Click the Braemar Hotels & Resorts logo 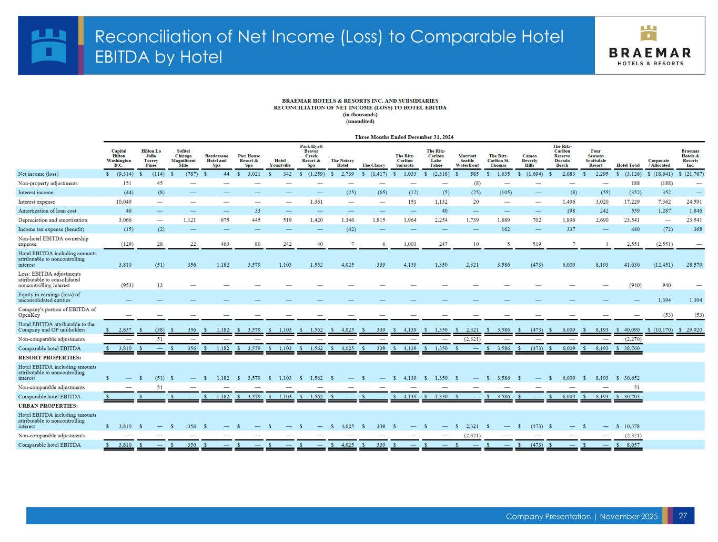pyautogui.click(x=650, y=46)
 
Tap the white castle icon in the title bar pyautogui.click(x=49, y=45)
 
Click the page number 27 pyautogui.click(x=683, y=516)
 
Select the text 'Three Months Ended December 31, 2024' pyautogui.click(x=404, y=137)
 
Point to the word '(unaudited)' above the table pyautogui.click(x=360, y=122)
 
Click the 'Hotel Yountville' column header pyautogui.click(x=280, y=163)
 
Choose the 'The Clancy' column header pyautogui.click(x=373, y=165)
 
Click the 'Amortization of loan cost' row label pyautogui.click(x=47, y=211)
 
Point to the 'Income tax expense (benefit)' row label pyautogui.click(x=51, y=229)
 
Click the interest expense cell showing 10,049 pyautogui.click(x=124, y=202)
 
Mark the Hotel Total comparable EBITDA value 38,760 pyautogui.click(x=630, y=348)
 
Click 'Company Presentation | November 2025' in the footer pyautogui.click(x=581, y=516)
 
